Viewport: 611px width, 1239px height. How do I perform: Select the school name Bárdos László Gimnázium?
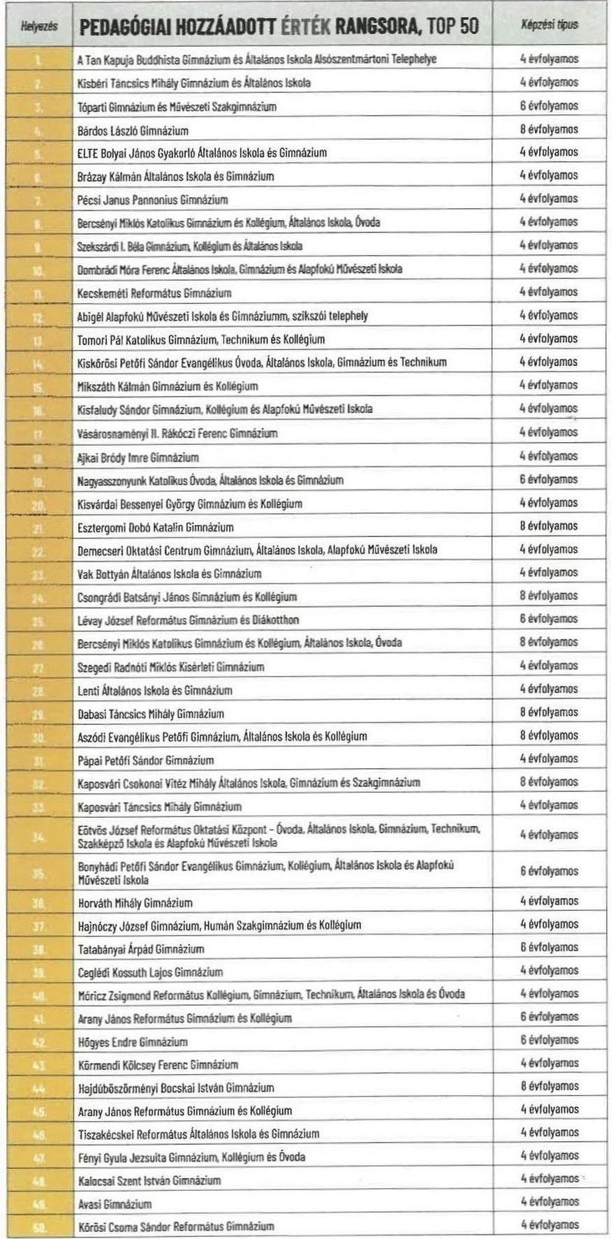[133, 131]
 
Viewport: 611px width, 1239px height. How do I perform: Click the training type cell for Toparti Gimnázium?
[550, 106]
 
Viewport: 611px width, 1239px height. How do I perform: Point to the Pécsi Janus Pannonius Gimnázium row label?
[152, 200]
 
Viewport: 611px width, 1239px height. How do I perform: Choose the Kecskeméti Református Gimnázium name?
[154, 293]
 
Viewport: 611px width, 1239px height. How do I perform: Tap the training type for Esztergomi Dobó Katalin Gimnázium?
[550, 526]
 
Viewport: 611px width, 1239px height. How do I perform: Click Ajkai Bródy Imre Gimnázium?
[138, 457]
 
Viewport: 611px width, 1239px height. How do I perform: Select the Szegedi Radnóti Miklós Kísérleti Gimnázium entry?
[170, 667]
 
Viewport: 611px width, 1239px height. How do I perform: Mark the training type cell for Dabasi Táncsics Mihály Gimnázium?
[550, 712]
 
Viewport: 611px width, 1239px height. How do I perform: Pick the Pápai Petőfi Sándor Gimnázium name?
[145, 760]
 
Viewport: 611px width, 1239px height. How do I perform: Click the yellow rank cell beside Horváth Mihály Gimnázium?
[38, 902]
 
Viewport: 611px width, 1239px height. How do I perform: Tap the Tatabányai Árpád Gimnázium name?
[140, 948]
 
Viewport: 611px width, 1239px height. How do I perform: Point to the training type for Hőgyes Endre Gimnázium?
[550, 1040]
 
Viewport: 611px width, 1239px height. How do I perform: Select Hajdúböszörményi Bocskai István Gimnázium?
[175, 1087]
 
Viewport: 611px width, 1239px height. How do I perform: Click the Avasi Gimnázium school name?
[114, 1203]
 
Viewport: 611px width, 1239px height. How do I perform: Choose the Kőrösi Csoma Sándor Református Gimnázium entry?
[175, 1226]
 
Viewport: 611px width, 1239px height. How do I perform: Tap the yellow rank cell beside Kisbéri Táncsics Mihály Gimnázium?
[38, 83]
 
